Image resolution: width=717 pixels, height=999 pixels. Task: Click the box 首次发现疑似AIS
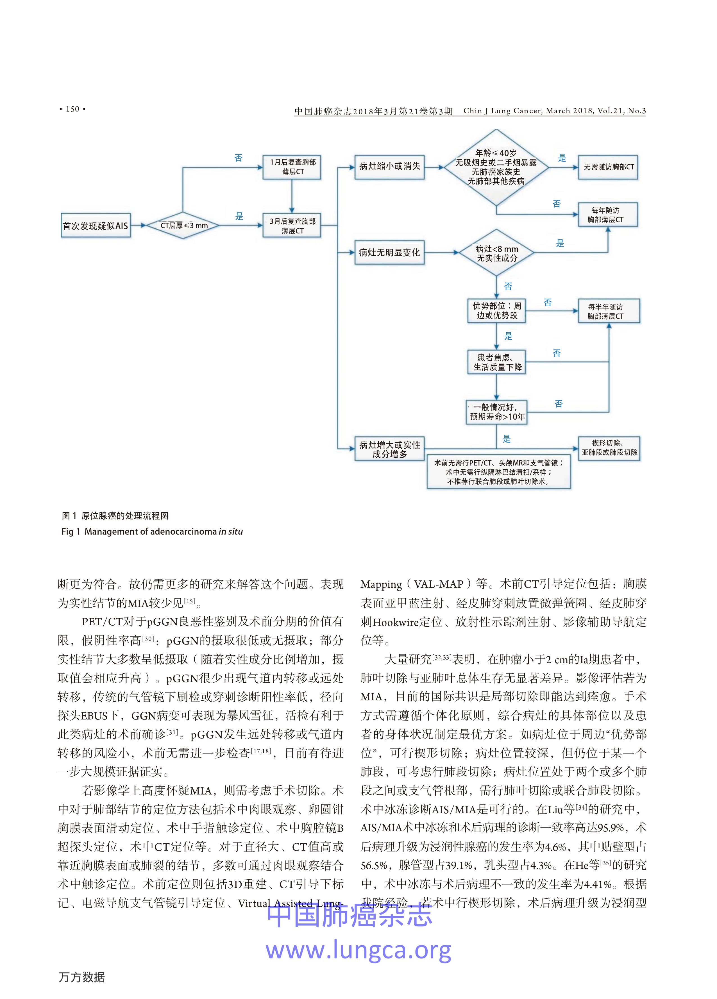[96, 226]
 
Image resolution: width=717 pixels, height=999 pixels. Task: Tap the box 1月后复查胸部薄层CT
[292, 167]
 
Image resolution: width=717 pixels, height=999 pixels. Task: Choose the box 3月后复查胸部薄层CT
[292, 226]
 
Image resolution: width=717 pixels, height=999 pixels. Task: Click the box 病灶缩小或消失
[389, 167]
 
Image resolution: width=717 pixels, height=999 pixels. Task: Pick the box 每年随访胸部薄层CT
[607, 215]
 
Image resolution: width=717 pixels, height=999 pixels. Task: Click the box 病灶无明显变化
[389, 252]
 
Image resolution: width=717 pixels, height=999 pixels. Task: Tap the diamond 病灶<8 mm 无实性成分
[496, 253]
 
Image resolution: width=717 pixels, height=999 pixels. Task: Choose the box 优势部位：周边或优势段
[496, 310]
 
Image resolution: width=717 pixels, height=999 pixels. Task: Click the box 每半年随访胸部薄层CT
[608, 311]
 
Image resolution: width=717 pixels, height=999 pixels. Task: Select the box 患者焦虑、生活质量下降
[497, 362]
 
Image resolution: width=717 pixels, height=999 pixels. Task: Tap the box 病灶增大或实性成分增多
[389, 449]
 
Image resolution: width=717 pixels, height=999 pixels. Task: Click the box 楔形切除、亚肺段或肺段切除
[609, 448]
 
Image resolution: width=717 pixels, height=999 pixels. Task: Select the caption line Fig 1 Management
[152, 531]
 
